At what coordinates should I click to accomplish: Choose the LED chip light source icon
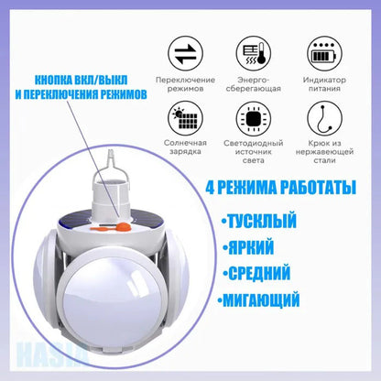pyautogui.click(x=251, y=119)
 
